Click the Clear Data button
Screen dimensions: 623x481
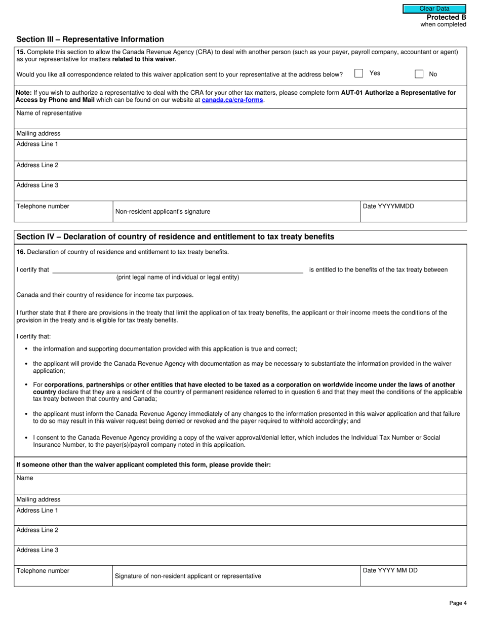point(434,9)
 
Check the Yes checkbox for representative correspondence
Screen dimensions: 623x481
point(358,73)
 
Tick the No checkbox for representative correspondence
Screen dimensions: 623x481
point(419,74)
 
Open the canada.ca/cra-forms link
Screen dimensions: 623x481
point(232,100)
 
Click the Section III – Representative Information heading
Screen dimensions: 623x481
point(90,40)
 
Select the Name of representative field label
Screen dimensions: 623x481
point(49,113)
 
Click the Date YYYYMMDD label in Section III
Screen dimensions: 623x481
point(388,206)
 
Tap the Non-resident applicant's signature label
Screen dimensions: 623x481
point(163,212)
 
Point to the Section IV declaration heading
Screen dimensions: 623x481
point(175,237)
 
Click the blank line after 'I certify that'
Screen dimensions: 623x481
point(177,270)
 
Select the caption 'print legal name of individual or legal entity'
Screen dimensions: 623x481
point(178,278)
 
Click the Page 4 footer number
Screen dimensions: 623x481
point(457,603)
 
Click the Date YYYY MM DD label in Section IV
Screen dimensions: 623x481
point(390,570)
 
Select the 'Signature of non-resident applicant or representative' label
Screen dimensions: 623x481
point(188,576)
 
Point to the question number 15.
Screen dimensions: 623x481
point(20,52)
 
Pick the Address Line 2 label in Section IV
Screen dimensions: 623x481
point(37,530)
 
